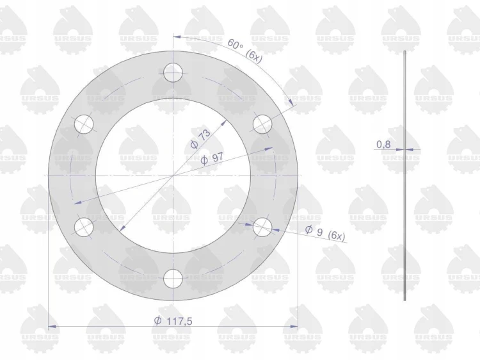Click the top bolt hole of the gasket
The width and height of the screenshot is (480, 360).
[173, 73]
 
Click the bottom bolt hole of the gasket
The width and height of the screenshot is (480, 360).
[173, 279]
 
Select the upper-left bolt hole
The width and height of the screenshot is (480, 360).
[84, 124]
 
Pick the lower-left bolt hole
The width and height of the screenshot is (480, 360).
[84, 227]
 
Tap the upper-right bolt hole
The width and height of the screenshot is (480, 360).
[262, 124]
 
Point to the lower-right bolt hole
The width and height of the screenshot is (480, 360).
[262, 227]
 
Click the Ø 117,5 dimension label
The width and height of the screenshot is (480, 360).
[173, 321]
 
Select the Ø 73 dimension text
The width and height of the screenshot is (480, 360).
[201, 139]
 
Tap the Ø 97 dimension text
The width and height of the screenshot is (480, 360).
[212, 159]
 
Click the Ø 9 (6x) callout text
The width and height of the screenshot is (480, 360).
[325, 233]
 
